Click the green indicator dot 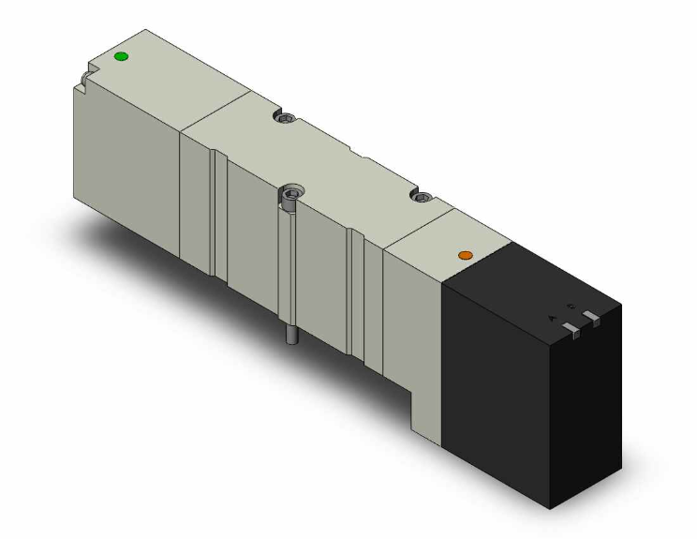pos(119,57)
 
